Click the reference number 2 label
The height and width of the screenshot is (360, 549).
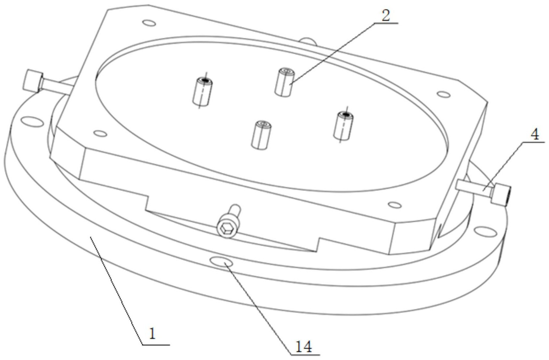point(386,16)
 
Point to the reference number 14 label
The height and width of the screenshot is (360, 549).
point(303,347)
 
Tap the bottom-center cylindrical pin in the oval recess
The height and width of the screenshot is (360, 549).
point(260,135)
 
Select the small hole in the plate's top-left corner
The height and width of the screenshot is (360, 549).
point(149,23)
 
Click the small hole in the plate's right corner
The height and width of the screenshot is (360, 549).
point(443,95)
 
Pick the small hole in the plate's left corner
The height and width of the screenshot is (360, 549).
point(100,133)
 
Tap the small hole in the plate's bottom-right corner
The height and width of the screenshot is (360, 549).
point(395,205)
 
